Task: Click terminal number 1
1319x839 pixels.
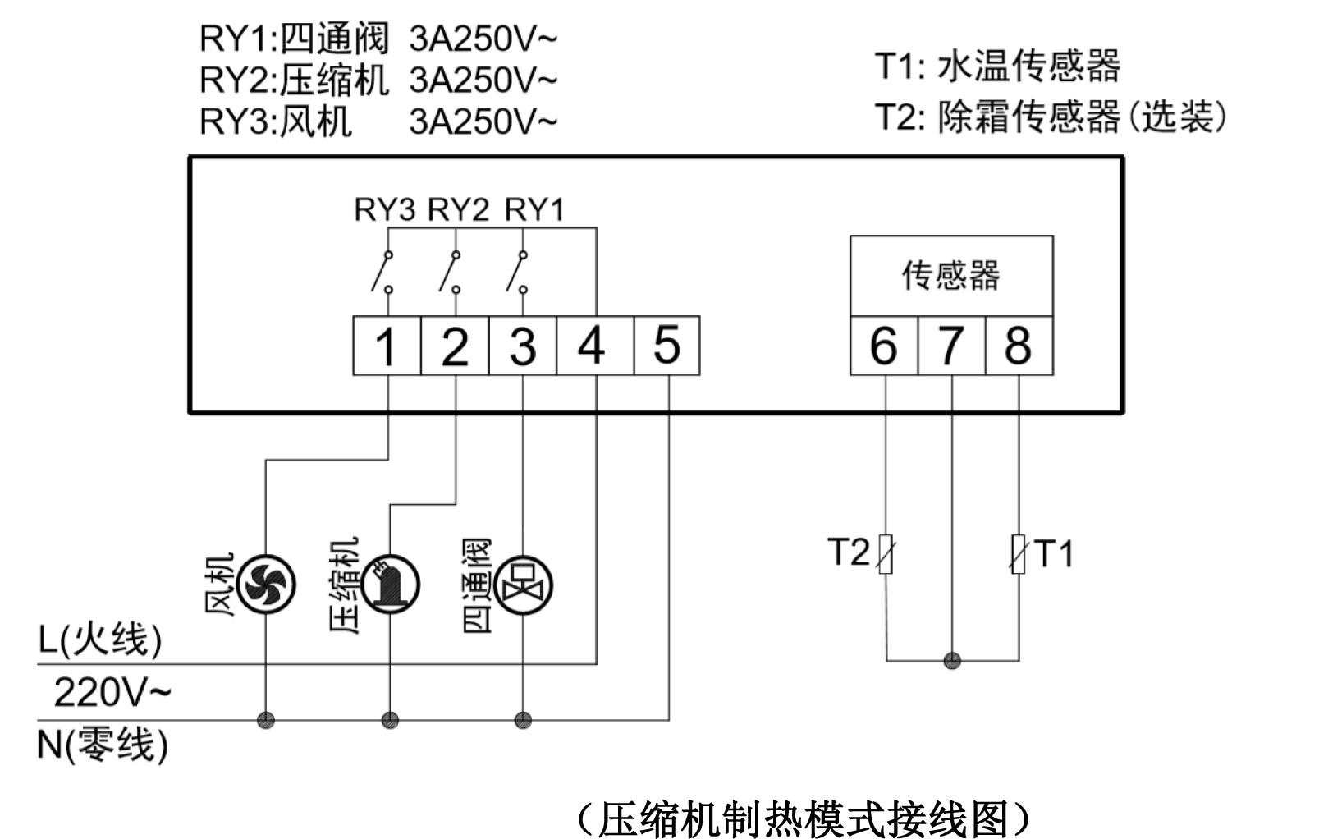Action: point(387,346)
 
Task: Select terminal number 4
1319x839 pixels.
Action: point(595,346)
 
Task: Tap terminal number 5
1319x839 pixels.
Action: point(666,346)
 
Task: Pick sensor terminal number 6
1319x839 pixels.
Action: point(885,346)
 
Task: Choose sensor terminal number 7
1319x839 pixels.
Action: point(951,346)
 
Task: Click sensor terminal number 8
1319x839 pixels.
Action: point(1019,346)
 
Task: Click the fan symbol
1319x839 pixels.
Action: point(266,584)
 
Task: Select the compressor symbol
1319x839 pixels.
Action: point(391,584)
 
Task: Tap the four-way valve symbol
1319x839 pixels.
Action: point(523,585)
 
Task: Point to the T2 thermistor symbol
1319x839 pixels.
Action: point(886,554)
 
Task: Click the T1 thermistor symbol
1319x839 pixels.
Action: point(1019,554)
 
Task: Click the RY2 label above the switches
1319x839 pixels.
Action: point(458,209)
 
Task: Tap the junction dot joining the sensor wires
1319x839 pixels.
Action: point(952,661)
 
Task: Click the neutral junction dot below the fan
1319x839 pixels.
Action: point(266,719)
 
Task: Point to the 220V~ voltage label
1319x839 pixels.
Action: point(112,692)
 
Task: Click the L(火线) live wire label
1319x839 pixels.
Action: point(99,640)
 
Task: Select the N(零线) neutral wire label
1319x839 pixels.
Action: point(103,745)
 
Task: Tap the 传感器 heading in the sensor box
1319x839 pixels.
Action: point(951,276)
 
